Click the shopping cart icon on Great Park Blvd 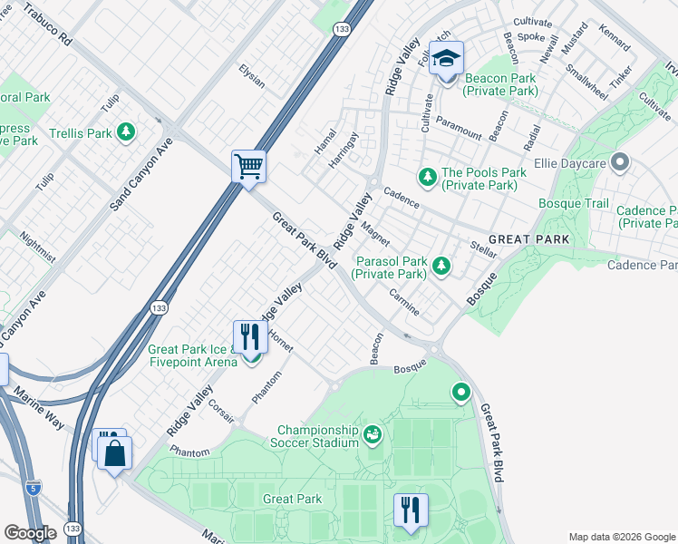point(248,167)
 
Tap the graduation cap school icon point(445,59)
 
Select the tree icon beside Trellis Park point(127,133)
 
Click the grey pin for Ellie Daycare point(620,163)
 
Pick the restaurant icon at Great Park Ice point(250,337)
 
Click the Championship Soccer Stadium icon point(373,436)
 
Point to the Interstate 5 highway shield point(34,490)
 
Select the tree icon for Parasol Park point(441,266)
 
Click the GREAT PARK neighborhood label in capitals point(528,239)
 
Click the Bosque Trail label point(573,203)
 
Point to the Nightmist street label point(37,246)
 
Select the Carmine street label point(403,302)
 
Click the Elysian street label point(251,76)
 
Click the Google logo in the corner point(30,532)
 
